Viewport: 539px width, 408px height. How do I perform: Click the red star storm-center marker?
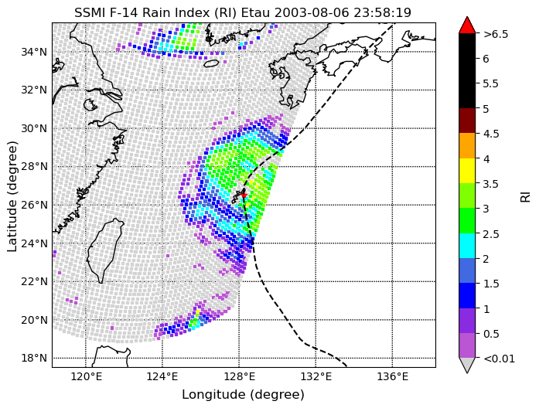click(244, 195)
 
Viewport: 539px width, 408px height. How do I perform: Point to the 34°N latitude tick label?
click(34, 53)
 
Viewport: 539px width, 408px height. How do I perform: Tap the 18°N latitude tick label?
click(34, 359)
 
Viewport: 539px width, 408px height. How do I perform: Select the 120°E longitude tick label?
click(85, 377)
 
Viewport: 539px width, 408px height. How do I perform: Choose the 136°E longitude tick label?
click(392, 377)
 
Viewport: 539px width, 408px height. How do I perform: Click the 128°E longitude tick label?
click(239, 377)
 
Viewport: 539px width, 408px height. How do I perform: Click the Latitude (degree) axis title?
click(12, 195)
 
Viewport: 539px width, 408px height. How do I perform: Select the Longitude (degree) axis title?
click(244, 395)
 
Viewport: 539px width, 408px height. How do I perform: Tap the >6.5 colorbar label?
click(496, 34)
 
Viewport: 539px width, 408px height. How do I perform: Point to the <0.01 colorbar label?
click(499, 359)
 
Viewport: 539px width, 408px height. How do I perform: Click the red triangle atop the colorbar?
click(467, 25)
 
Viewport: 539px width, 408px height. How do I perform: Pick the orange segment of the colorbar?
click(467, 145)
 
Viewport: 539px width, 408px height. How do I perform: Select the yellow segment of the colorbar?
click(467, 171)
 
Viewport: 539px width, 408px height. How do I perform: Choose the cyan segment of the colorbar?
click(467, 246)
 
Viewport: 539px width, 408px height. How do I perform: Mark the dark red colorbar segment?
click(467, 121)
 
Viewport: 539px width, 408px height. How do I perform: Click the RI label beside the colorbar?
click(526, 196)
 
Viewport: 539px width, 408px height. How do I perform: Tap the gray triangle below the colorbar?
click(467, 365)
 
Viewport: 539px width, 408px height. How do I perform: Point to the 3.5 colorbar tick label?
click(491, 184)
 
